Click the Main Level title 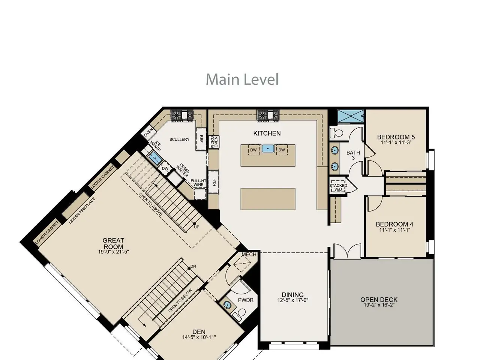[x=242, y=79]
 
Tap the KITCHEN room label [x=267, y=133]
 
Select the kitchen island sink [x=268, y=148]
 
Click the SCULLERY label [x=179, y=139]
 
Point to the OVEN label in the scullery [x=148, y=132]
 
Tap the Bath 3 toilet [x=337, y=132]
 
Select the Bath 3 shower [x=351, y=117]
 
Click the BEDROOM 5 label [x=396, y=137]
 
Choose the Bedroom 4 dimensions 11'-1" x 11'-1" [x=394, y=230]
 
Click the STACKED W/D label [x=338, y=187]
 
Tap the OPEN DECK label [x=379, y=300]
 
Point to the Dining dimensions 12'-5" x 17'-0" [x=292, y=300]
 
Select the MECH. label [x=249, y=254]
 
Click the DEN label [x=199, y=332]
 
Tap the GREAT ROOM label [x=113, y=243]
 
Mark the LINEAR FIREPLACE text [x=82, y=210]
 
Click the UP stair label [x=196, y=227]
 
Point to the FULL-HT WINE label [x=198, y=183]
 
